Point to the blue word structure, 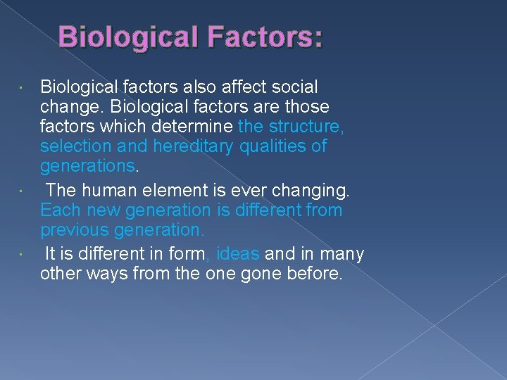[307, 127]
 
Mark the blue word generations [87, 166]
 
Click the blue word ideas [238, 254]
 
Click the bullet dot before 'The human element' [23, 191]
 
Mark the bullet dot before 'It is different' [23, 254]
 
